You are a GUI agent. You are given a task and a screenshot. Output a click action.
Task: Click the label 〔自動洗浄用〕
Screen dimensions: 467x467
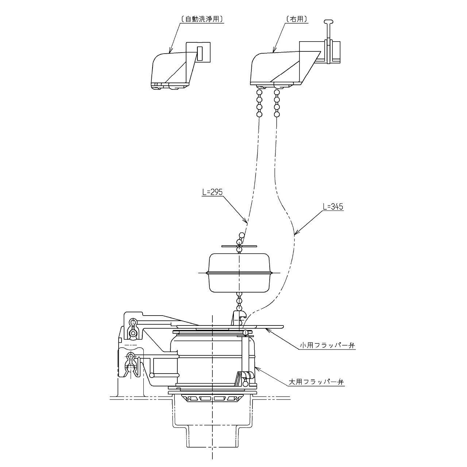coord(202,19)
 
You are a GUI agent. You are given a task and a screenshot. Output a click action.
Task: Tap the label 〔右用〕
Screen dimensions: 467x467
coord(297,19)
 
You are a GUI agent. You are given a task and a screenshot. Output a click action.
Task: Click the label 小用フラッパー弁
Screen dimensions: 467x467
coord(327,346)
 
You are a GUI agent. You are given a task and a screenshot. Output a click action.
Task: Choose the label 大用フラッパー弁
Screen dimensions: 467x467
coord(316,382)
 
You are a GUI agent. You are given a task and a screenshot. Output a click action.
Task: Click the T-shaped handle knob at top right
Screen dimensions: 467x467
coord(328,23)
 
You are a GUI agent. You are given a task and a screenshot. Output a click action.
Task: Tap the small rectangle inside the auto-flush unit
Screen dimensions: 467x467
coord(200,53)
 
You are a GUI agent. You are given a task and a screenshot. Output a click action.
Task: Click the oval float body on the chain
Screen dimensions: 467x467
coord(239,273)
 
